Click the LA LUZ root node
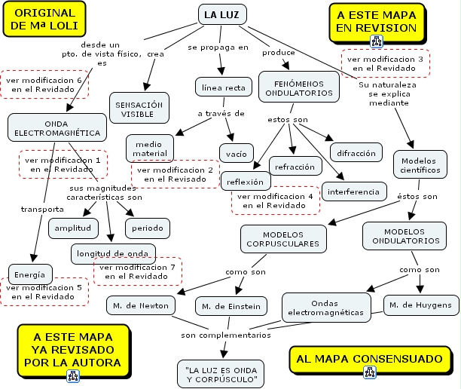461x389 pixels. click(x=222, y=14)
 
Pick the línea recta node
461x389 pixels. click(x=224, y=88)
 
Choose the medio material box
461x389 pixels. click(x=150, y=149)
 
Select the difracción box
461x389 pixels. click(x=356, y=153)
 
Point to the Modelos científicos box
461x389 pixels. click(x=420, y=165)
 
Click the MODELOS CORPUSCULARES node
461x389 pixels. click(x=284, y=237)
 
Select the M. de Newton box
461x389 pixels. click(x=142, y=305)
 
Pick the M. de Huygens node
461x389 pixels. click(x=420, y=305)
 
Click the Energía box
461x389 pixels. click(x=31, y=274)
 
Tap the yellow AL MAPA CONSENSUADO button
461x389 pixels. click(x=369, y=358)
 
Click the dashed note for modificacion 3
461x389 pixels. click(x=386, y=63)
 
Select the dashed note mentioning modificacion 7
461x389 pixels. click(x=136, y=271)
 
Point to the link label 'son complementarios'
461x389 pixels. click(x=225, y=334)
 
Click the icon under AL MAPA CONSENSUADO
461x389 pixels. click(x=369, y=370)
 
